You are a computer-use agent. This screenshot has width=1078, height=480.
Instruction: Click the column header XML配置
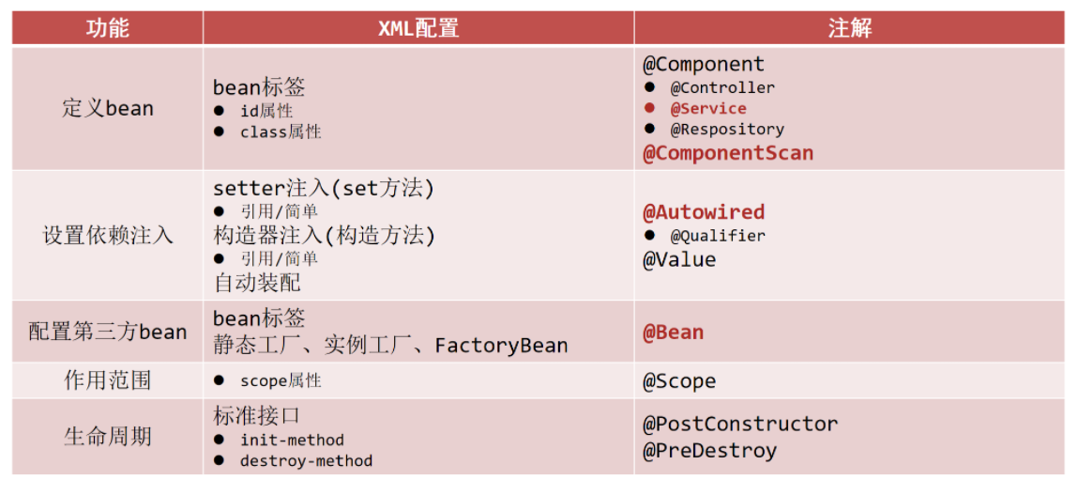418,28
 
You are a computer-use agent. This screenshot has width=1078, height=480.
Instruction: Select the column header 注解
850,28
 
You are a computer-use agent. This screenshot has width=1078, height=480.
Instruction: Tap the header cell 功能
107,28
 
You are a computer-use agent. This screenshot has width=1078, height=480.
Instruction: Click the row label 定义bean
107,109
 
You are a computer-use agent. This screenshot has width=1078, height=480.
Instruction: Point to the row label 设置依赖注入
107,236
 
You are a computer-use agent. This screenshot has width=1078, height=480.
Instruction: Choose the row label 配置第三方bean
107,332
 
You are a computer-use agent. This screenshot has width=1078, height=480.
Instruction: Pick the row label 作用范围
107,380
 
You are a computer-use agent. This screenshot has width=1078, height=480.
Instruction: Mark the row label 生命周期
107,437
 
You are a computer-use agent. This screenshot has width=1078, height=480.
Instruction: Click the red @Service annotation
708,109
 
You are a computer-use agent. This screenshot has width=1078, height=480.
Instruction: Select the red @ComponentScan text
728,153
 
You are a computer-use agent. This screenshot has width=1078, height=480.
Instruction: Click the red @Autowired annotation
704,212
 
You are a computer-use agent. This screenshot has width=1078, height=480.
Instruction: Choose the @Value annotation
679,259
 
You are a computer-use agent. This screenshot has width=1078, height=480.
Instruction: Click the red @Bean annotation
673,333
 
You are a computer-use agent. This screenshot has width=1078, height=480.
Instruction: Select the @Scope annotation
679,381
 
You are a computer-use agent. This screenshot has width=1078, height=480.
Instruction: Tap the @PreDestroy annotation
709,451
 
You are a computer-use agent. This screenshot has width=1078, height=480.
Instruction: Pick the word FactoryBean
501,345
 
